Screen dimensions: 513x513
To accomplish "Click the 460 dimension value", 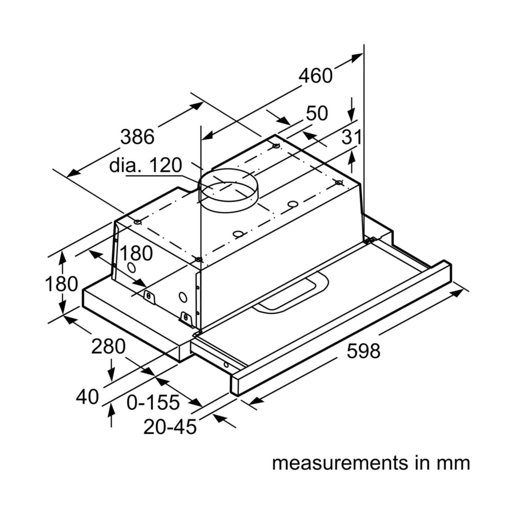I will pos(315,76).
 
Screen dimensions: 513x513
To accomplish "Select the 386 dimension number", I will pos(137,137).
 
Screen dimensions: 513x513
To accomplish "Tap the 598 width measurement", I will pos(363,351).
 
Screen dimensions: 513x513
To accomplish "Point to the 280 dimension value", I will pos(108,346).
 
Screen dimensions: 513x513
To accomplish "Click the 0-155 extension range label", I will pos(153,402).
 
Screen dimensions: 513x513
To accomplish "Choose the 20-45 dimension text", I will pos(170,427).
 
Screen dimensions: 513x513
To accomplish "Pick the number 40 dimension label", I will pos(87,397).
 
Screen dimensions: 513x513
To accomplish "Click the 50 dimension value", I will pos(317,113).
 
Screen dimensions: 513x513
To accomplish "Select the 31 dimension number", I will pos(351,137).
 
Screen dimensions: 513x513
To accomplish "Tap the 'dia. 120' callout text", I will pos(145,165).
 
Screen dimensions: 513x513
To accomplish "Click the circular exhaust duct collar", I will pos(228,191).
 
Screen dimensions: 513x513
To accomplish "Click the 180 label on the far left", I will pos(61,284).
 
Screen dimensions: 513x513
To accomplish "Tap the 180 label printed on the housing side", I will pos(136,253).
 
